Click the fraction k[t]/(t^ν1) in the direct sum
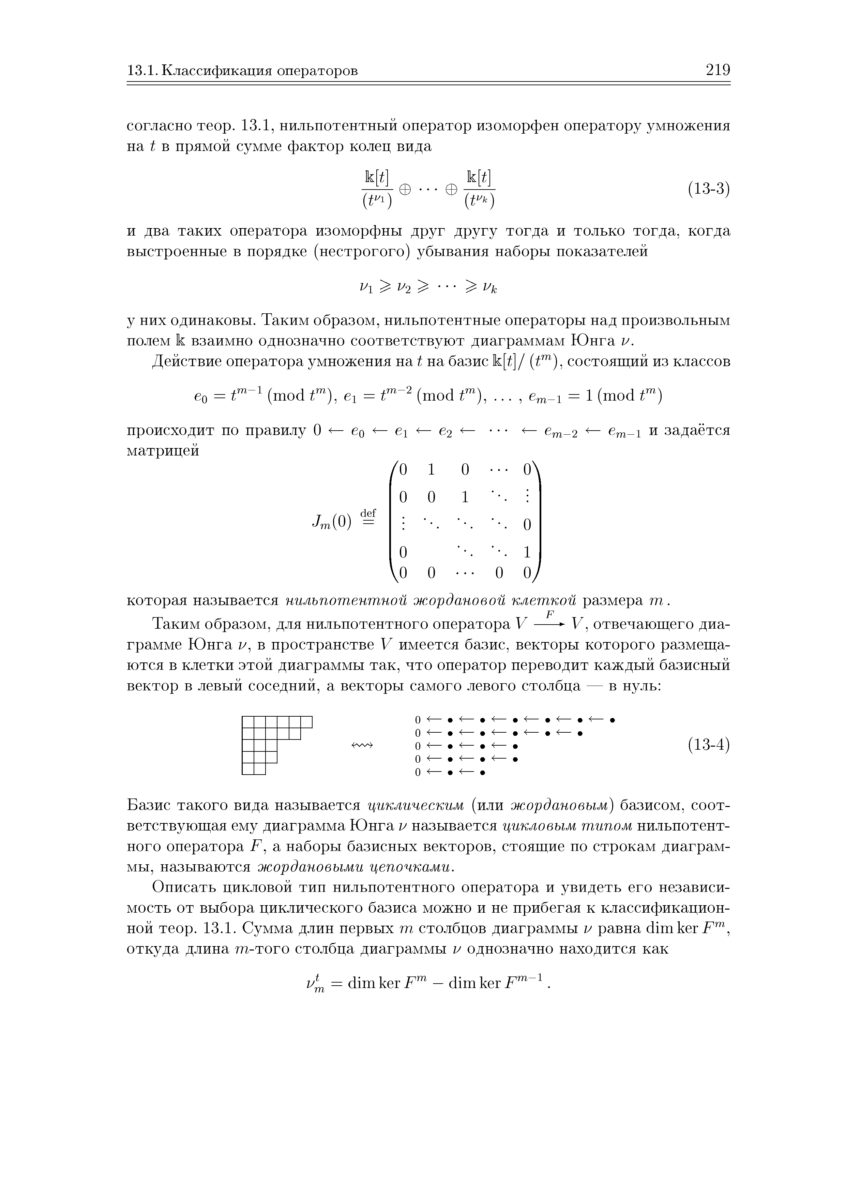(377, 189)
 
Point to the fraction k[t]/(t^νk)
(479, 189)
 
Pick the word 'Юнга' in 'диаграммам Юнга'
(593, 341)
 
